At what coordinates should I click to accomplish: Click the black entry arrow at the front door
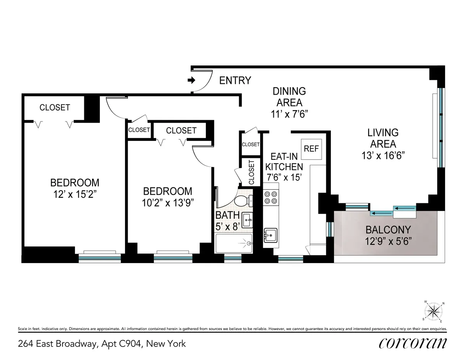[x=191, y=80]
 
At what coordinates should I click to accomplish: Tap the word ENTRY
[x=235, y=81]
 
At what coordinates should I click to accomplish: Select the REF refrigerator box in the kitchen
[x=311, y=149]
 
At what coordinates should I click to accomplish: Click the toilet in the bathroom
[x=243, y=201]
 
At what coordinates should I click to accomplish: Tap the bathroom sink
[x=247, y=220]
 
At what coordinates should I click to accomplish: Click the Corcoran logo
[x=412, y=343]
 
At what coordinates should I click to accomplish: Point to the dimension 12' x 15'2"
[x=75, y=194]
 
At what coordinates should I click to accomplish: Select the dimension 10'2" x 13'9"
[x=167, y=202]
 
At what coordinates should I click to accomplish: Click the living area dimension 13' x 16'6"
[x=383, y=155]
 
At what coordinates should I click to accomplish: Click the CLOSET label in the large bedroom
[x=55, y=107]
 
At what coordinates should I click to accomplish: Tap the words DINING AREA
[x=289, y=97]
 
